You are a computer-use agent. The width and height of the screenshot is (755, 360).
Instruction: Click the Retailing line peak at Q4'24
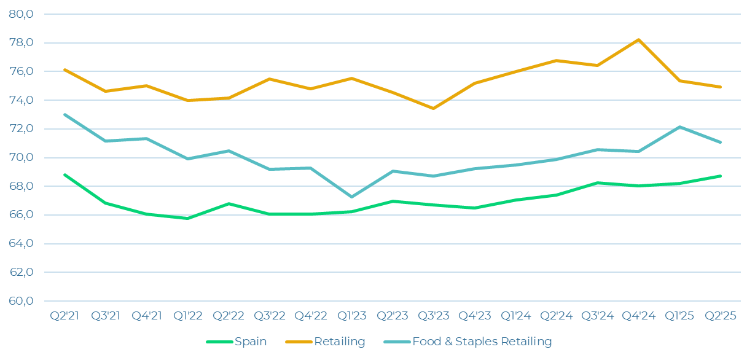[639, 39]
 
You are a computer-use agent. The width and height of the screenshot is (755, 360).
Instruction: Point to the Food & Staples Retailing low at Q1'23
[351, 197]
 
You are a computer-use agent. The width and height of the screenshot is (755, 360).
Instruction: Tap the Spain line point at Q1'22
[187, 218]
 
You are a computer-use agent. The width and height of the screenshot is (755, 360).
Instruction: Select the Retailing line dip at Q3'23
[434, 109]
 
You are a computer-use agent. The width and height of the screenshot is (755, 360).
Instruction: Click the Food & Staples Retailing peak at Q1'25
[679, 127]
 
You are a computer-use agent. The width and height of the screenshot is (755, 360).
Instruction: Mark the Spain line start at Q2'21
[65, 174]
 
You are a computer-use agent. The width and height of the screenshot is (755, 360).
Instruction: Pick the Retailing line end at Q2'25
[721, 87]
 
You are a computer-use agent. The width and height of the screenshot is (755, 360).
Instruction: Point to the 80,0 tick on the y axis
[22, 14]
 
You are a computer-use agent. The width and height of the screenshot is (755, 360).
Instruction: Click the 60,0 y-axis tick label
[22, 301]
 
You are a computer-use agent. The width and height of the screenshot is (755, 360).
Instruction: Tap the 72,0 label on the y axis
[22, 129]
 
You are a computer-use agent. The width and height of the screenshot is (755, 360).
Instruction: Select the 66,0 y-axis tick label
[22, 215]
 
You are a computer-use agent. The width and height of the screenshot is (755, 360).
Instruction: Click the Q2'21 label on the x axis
[65, 316]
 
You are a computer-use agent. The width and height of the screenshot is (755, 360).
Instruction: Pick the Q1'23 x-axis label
[351, 316]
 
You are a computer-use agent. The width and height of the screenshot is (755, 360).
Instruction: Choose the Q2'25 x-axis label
[721, 316]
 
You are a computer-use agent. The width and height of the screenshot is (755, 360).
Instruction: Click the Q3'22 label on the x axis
[270, 316]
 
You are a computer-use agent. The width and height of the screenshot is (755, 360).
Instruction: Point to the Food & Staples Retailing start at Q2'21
[65, 114]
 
